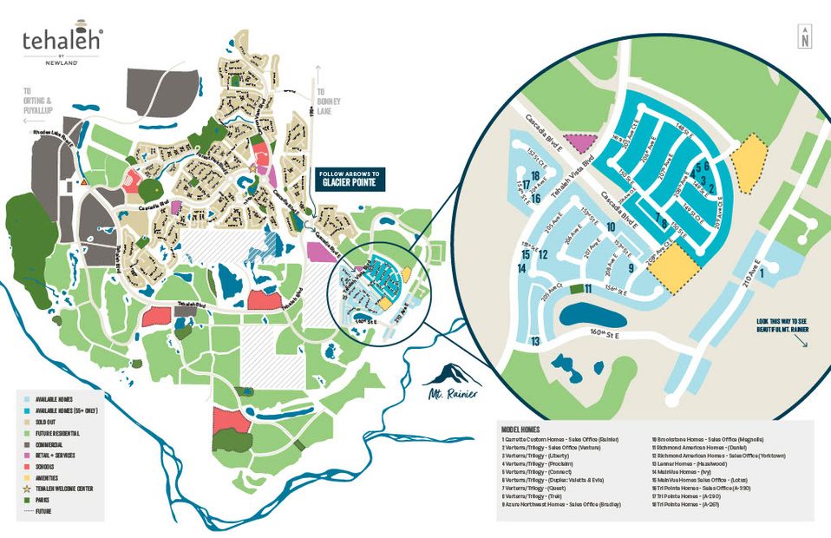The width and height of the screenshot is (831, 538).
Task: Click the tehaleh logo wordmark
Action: click(62, 41)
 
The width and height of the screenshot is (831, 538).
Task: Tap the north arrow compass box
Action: click(806, 36)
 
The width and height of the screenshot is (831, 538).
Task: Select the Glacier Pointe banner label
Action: click(350, 178)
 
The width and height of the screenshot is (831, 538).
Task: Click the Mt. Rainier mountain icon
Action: click(449, 376)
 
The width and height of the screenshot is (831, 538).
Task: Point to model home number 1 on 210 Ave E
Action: click(762, 273)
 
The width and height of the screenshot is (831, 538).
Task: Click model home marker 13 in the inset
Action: click(536, 342)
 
